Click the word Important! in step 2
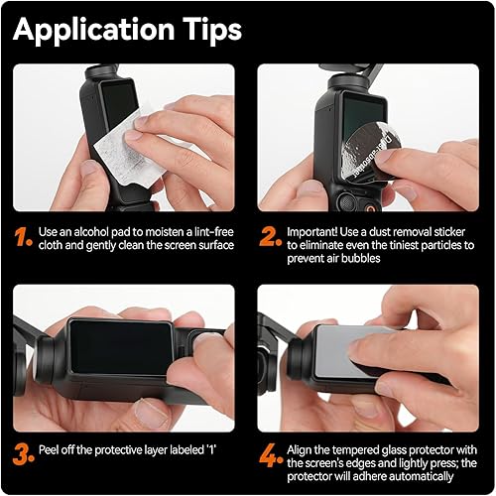pyautogui.click(x=316, y=231)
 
